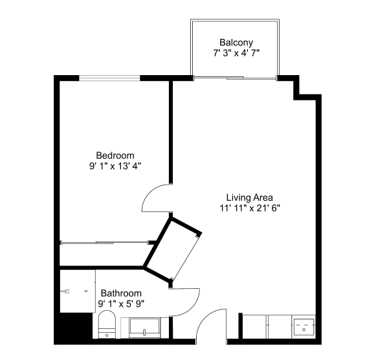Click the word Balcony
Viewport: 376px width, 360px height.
(236, 43)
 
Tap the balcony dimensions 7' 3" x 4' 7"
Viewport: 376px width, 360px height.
(236, 52)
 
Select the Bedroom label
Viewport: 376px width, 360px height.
(115, 155)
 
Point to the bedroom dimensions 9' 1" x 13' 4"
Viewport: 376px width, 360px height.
(115, 166)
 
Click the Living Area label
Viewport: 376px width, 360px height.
(250, 197)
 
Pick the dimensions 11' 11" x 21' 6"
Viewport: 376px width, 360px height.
(250, 208)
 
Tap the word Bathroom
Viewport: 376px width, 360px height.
(121, 293)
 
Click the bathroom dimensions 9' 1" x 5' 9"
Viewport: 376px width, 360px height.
(121, 304)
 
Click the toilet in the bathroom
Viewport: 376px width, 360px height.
(107, 324)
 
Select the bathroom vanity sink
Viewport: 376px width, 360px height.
(144, 328)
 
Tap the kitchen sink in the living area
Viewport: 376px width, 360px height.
(304, 328)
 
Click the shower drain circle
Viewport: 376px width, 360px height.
(86, 291)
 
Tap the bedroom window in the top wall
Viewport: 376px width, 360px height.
(109, 78)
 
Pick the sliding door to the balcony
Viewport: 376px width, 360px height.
(235, 78)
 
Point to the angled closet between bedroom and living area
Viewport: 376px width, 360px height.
(173, 250)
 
